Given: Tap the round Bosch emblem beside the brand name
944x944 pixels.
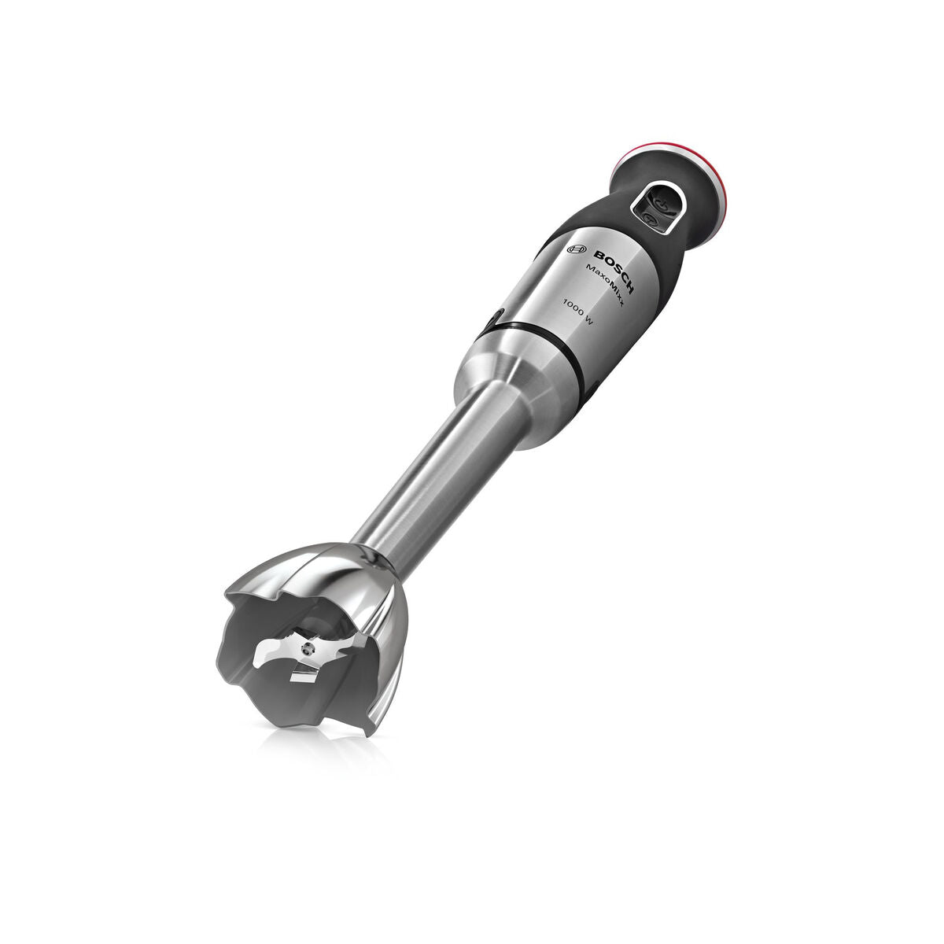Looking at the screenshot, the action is click(x=577, y=249).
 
